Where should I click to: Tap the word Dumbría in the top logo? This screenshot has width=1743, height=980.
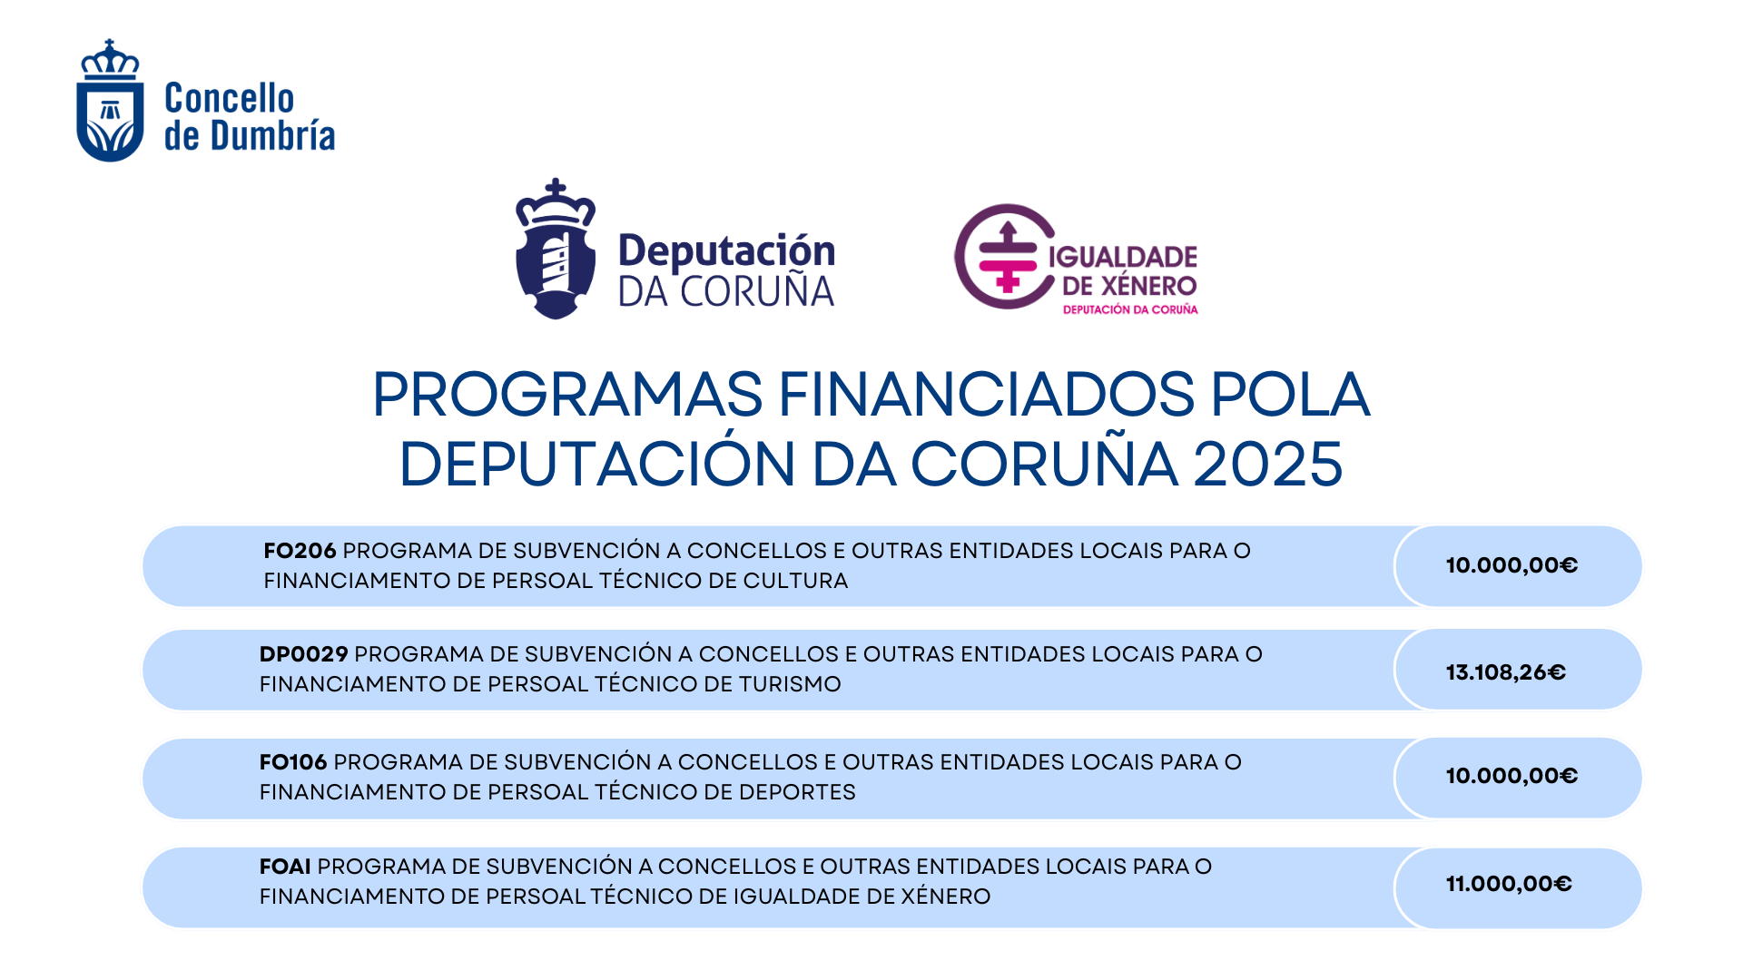272,136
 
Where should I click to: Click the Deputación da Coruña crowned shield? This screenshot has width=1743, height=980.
556,250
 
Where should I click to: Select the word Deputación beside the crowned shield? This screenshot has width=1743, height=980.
726,251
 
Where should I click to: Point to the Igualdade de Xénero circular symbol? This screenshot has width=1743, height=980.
1004,256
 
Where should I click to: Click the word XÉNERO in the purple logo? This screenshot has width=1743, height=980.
1148,286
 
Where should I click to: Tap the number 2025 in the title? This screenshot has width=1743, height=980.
1267,464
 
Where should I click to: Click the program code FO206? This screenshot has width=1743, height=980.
300,551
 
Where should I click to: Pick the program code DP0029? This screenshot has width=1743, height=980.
303,654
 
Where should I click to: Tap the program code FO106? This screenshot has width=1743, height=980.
292,762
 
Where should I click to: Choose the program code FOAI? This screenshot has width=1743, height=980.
285,867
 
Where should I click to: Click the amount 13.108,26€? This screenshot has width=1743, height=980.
1505,672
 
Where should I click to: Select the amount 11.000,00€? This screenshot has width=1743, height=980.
1508,884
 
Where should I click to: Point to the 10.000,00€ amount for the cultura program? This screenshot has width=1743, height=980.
1512,565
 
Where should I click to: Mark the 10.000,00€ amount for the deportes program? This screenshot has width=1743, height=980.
1512,776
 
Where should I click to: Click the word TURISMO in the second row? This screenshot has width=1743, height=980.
790,684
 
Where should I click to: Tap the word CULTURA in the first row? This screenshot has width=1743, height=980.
795,581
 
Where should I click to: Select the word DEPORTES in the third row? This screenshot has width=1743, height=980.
797,792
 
